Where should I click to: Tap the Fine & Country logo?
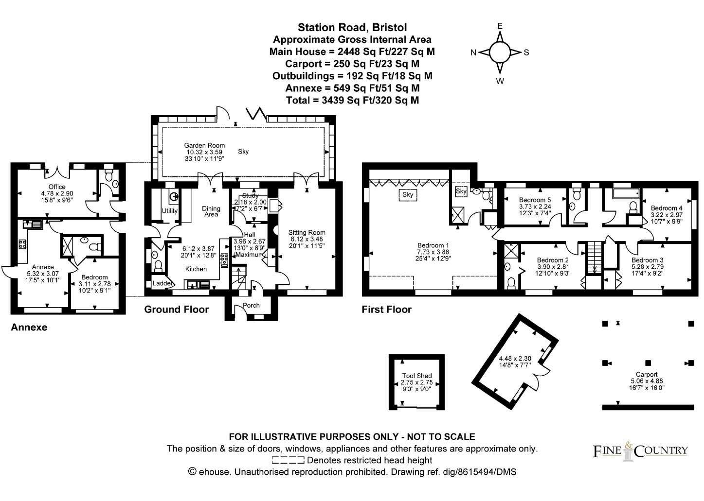click(x=640, y=450)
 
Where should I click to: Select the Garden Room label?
click(x=204, y=145)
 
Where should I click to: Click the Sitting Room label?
click(x=307, y=232)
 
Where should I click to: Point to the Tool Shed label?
click(x=416, y=376)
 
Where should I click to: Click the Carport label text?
click(x=647, y=375)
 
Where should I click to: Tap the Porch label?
click(x=251, y=306)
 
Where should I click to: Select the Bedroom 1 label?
click(x=433, y=245)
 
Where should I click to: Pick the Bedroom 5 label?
click(x=535, y=200)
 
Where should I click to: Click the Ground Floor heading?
click(x=176, y=310)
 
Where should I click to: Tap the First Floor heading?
click(x=386, y=310)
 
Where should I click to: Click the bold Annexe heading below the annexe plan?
click(x=29, y=328)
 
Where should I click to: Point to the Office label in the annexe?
click(x=57, y=187)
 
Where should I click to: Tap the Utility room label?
click(x=170, y=211)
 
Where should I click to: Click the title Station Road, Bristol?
click(x=352, y=27)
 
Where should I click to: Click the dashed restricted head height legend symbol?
click(x=288, y=460)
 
